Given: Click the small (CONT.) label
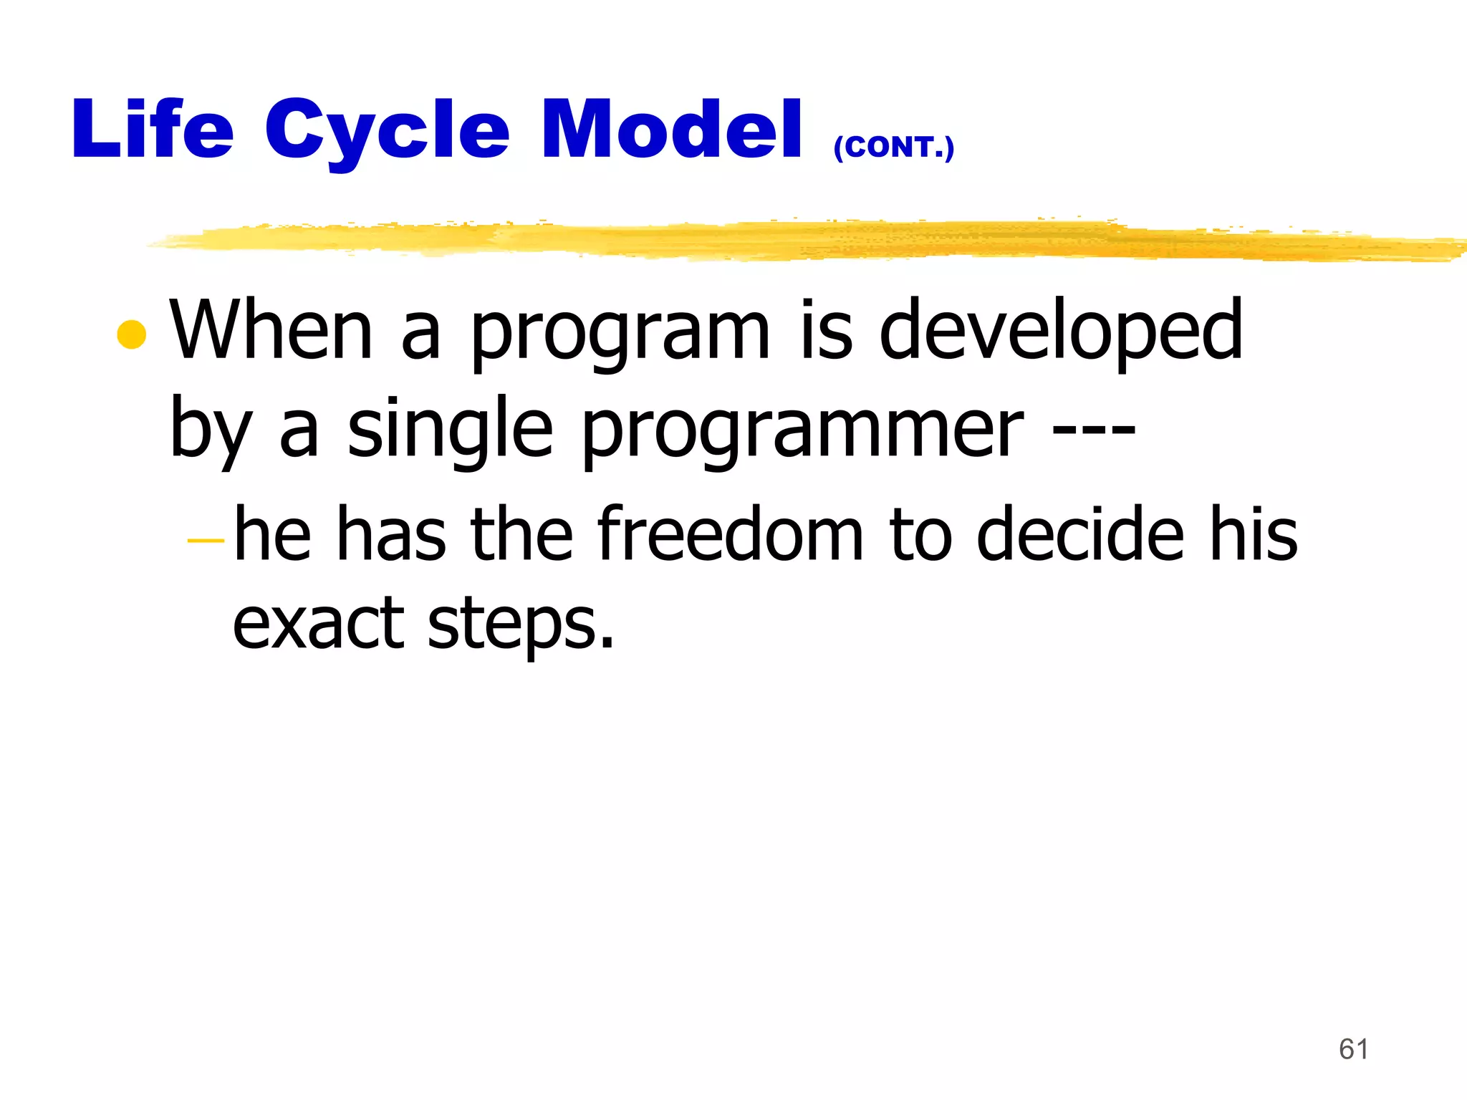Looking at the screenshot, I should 893,147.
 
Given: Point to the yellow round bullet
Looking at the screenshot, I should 132,334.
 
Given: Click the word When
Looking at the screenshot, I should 271,330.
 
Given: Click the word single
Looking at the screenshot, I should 450,430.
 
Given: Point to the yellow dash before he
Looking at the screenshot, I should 206,541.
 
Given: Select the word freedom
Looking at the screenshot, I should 729,534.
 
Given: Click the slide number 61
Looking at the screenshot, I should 1353,1049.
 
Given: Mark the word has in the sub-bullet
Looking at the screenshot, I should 391,534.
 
